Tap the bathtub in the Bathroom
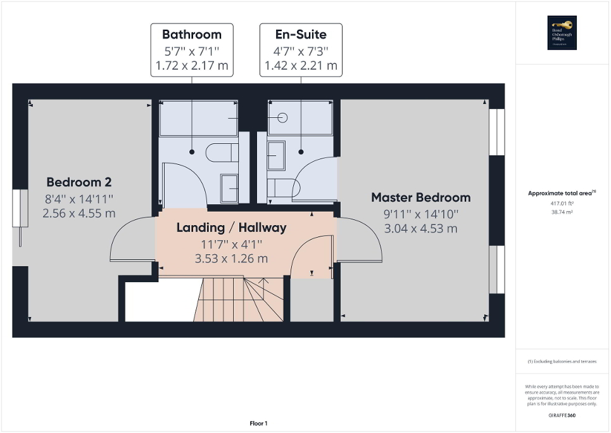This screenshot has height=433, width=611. (198, 119)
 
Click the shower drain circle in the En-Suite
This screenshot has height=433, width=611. (282, 117)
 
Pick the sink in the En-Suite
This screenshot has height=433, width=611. (277, 155)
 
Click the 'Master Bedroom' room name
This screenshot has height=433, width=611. (420, 197)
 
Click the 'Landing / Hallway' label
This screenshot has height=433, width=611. (231, 227)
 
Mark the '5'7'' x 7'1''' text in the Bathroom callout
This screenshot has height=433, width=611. (192, 50)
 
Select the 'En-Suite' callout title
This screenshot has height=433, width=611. (301, 34)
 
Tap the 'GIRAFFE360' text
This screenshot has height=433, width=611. (562, 416)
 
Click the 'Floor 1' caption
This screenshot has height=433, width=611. (258, 423)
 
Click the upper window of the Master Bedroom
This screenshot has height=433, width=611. (497, 132)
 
